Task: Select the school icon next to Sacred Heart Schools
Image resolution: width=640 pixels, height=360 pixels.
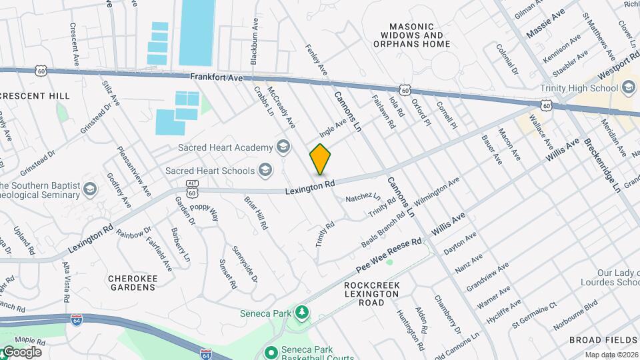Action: click(x=266, y=171)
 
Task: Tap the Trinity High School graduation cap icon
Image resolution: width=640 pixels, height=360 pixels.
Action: click(x=629, y=88)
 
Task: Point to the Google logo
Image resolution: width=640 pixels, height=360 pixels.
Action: click(x=21, y=352)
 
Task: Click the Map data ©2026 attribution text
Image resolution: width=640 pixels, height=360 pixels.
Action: click(x=611, y=355)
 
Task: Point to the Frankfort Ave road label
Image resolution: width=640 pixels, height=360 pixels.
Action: click(x=217, y=77)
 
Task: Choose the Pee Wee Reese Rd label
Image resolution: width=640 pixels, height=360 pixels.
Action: click(x=389, y=256)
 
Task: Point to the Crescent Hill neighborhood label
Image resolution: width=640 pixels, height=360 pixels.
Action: click(x=35, y=96)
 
